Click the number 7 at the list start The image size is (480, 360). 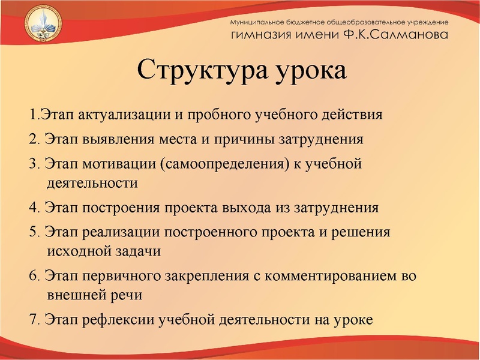[x=32, y=319]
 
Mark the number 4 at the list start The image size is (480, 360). [x=32, y=208]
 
